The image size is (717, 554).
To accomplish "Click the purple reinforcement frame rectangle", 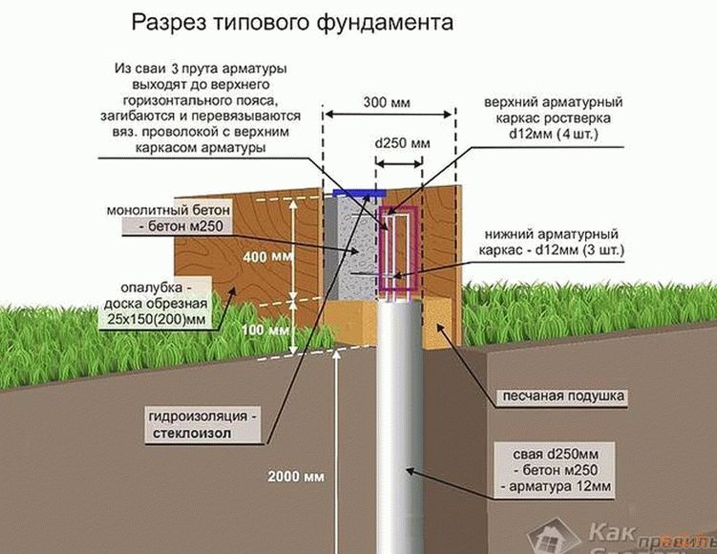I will click(x=396, y=248).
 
